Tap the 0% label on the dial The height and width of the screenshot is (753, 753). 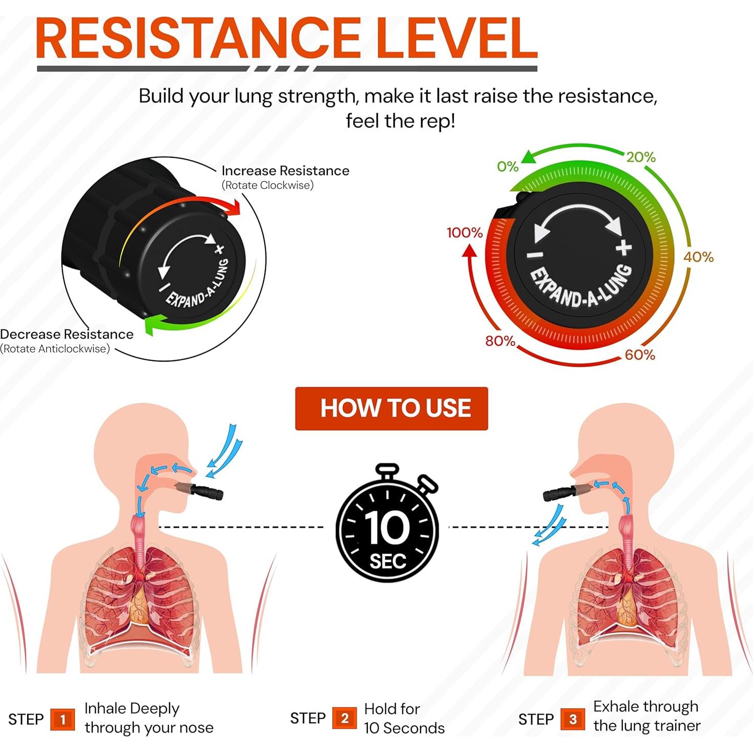[x=508, y=166]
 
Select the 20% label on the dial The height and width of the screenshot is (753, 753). [x=641, y=157]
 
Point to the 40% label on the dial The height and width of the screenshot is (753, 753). [x=698, y=257]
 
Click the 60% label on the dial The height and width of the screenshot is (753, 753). [x=640, y=354]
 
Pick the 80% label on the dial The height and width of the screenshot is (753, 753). [x=500, y=341]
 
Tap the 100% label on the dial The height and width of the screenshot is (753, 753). [x=465, y=233]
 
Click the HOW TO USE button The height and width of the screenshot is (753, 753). [x=391, y=408]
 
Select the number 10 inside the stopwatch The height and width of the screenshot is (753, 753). [x=387, y=528]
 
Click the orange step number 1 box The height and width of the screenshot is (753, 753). [x=62, y=719]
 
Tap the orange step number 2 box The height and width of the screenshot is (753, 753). [x=344, y=718]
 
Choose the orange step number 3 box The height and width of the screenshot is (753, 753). [x=573, y=719]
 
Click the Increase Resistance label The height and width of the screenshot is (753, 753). [x=285, y=171]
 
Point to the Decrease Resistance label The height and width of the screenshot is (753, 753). [x=67, y=334]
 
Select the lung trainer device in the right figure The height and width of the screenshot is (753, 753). [x=567, y=493]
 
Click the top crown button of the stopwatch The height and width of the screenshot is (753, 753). [x=387, y=470]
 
